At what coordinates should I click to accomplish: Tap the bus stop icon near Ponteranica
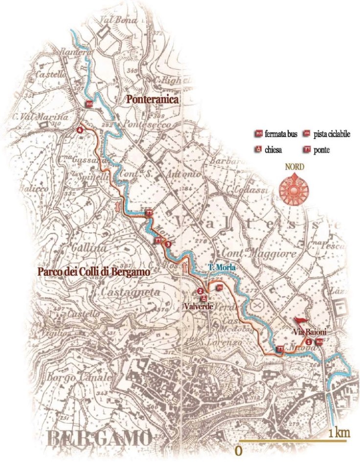click(89, 104)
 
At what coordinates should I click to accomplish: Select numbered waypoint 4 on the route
click(80, 130)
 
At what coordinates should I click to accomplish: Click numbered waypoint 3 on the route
click(168, 243)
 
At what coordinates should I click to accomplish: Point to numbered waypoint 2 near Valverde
click(200, 291)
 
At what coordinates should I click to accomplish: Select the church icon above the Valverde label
click(204, 299)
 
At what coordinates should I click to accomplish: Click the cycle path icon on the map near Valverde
click(220, 287)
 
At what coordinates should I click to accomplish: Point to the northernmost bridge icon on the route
click(149, 213)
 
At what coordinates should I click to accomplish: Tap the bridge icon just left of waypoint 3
click(157, 241)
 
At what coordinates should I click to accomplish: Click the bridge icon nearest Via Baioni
click(280, 349)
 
